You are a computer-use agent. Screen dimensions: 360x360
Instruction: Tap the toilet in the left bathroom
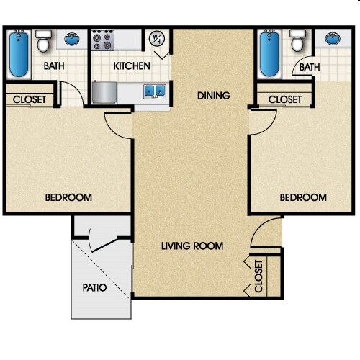coord(43,42)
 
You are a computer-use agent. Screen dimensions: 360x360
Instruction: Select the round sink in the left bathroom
coord(71,40)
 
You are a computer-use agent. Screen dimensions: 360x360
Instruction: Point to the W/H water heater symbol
coord(156,40)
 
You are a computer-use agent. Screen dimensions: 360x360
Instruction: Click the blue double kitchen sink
coord(153,91)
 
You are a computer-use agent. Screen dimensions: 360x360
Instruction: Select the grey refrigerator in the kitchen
coord(105,92)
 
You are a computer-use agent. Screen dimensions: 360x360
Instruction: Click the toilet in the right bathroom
coord(296,41)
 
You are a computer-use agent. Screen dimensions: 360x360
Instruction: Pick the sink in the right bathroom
coord(333,40)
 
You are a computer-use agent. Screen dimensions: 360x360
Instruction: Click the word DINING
coord(214,95)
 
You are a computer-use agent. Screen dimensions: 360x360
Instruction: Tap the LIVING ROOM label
coord(192,246)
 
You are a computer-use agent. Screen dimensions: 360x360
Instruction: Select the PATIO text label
coord(94,287)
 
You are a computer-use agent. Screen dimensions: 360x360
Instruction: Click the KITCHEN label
coord(132,66)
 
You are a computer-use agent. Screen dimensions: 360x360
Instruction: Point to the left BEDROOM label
coord(68,197)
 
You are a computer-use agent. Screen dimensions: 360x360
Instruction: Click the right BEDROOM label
coord(302,197)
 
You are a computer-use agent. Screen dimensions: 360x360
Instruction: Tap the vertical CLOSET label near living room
coord(259,276)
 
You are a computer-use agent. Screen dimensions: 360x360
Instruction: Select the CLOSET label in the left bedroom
coord(30,99)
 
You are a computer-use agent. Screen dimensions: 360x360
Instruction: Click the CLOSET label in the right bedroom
coord(284,99)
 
